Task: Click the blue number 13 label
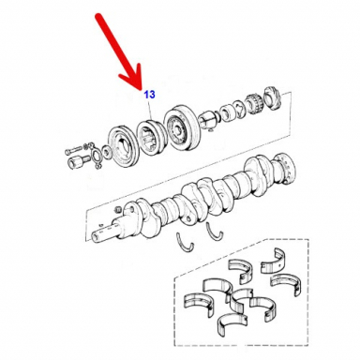pyautogui.click(x=150, y=95)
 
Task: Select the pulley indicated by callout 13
pyautogui.click(x=150, y=136)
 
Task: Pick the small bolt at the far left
pyautogui.click(x=73, y=150)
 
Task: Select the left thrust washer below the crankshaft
pyautogui.click(x=186, y=242)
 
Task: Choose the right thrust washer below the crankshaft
pyautogui.click(x=214, y=232)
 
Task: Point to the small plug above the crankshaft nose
pyautogui.click(x=118, y=208)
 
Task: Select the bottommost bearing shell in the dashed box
pyautogui.click(x=231, y=324)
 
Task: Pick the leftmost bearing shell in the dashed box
pyautogui.click(x=198, y=303)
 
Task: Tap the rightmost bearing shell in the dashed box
pyautogui.click(x=286, y=284)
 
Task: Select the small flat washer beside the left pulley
pyautogui.click(x=107, y=152)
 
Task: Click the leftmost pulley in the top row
pyautogui.click(x=123, y=145)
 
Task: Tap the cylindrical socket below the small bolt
pyautogui.click(x=77, y=161)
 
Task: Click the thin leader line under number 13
pyautogui.click(x=151, y=110)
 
